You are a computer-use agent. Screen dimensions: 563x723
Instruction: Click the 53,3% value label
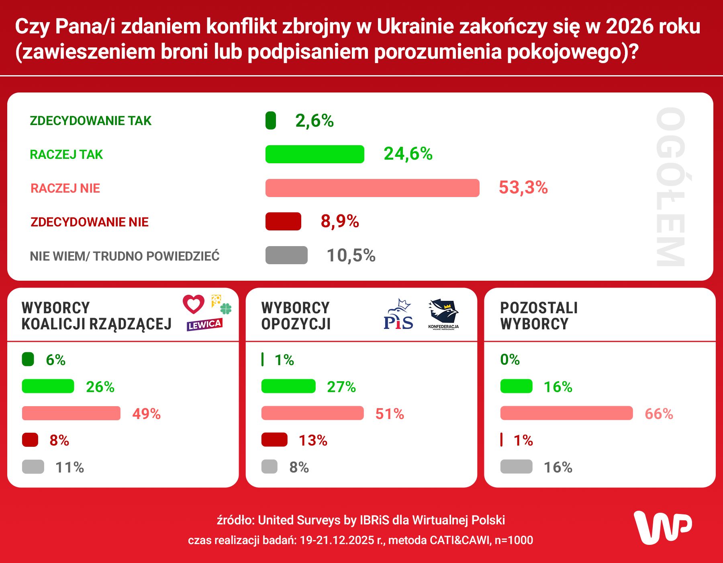pos(523,188)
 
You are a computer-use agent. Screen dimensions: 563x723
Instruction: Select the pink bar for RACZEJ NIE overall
pos(372,188)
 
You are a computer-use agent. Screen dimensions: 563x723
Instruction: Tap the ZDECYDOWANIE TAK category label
pos(90,121)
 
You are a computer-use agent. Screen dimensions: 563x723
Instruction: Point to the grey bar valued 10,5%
pos(286,255)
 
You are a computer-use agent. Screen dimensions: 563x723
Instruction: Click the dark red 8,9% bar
pos(283,222)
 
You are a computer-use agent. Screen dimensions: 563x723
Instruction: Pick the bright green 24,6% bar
pos(315,154)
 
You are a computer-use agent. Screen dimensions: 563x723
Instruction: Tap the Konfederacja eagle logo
pos(443,314)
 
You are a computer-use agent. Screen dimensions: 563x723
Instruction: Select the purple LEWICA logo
pos(204,325)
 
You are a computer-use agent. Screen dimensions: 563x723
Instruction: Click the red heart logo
pos(194,304)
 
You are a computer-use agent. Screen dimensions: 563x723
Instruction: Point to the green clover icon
pos(226,309)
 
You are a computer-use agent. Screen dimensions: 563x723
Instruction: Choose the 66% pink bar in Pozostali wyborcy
pos(566,413)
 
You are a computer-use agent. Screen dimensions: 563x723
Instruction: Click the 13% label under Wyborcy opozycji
pos(313,440)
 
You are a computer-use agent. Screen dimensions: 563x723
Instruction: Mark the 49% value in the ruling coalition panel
pos(146,414)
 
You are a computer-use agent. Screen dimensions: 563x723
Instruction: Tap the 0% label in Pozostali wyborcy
pos(510,360)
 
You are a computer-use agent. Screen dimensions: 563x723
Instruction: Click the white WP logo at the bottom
pos(662,527)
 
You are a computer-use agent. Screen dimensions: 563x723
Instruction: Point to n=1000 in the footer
pos(514,540)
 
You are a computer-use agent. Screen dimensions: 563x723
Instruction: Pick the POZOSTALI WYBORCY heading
pos(539,316)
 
